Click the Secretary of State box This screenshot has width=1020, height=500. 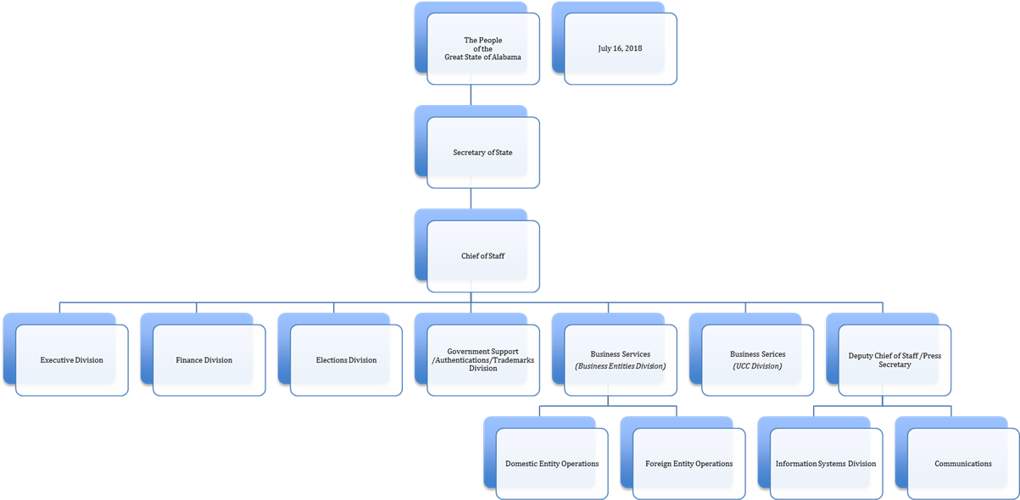pyautogui.click(x=482, y=153)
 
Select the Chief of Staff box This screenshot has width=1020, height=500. pyautogui.click(x=482, y=256)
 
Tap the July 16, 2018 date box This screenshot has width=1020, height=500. pyautogui.click(x=620, y=48)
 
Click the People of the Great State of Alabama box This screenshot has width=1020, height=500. pyautogui.click(x=482, y=48)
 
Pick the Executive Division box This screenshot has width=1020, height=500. pyautogui.click(x=71, y=360)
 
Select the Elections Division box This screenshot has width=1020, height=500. pyautogui.click(x=346, y=360)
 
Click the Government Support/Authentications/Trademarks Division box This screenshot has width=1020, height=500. pyautogui.click(x=482, y=360)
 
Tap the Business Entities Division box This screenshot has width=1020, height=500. pyautogui.click(x=620, y=360)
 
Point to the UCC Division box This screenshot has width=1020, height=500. pyautogui.click(x=757, y=360)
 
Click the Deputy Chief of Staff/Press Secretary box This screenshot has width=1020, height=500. pyautogui.click(x=895, y=360)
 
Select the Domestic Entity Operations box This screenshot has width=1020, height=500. pyautogui.click(x=551, y=464)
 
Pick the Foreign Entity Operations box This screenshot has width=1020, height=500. pyautogui.click(x=688, y=464)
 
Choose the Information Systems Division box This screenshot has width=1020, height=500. pyautogui.click(x=826, y=464)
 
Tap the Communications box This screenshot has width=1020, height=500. pyautogui.click(x=963, y=464)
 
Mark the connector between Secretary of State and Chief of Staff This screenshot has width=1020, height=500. pyautogui.click(x=471, y=198)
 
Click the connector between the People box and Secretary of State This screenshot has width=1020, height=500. pyautogui.click(x=471, y=95)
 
